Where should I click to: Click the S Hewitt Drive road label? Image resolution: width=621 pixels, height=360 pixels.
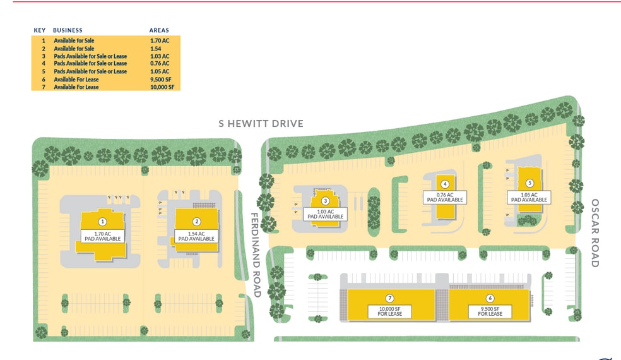(x=261, y=124)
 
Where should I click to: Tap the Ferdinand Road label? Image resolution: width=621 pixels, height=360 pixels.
(x=256, y=255)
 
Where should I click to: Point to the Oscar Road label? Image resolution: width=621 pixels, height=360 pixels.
(x=594, y=233)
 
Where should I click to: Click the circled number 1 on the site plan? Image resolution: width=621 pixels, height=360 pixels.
(x=102, y=222)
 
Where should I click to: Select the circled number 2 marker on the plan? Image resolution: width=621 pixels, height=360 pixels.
(x=197, y=222)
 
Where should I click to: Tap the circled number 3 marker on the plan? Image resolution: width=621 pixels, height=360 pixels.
(x=326, y=201)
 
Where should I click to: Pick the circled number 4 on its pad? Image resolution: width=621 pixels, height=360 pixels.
(x=445, y=184)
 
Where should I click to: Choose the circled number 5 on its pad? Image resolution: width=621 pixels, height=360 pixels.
(x=529, y=183)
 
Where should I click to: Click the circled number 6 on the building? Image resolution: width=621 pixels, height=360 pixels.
(x=490, y=298)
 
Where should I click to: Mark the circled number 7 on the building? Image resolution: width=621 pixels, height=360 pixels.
(x=389, y=298)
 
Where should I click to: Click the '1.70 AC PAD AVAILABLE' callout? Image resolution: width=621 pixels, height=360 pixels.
(x=102, y=236)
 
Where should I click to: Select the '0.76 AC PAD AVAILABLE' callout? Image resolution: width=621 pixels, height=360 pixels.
(x=445, y=197)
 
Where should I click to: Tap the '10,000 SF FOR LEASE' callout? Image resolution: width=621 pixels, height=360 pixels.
(x=390, y=311)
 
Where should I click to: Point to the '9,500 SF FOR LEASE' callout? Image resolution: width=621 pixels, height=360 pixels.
(x=490, y=311)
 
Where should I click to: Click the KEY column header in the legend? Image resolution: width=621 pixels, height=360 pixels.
(x=40, y=30)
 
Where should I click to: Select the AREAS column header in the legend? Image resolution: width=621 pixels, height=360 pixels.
(x=159, y=30)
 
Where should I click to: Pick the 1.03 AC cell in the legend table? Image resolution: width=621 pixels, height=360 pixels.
(x=160, y=56)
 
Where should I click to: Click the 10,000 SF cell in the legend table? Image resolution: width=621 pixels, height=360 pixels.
(x=161, y=87)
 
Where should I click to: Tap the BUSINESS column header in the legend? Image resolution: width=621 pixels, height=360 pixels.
(x=68, y=30)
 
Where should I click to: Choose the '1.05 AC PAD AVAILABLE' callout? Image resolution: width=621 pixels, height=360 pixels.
(x=529, y=197)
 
